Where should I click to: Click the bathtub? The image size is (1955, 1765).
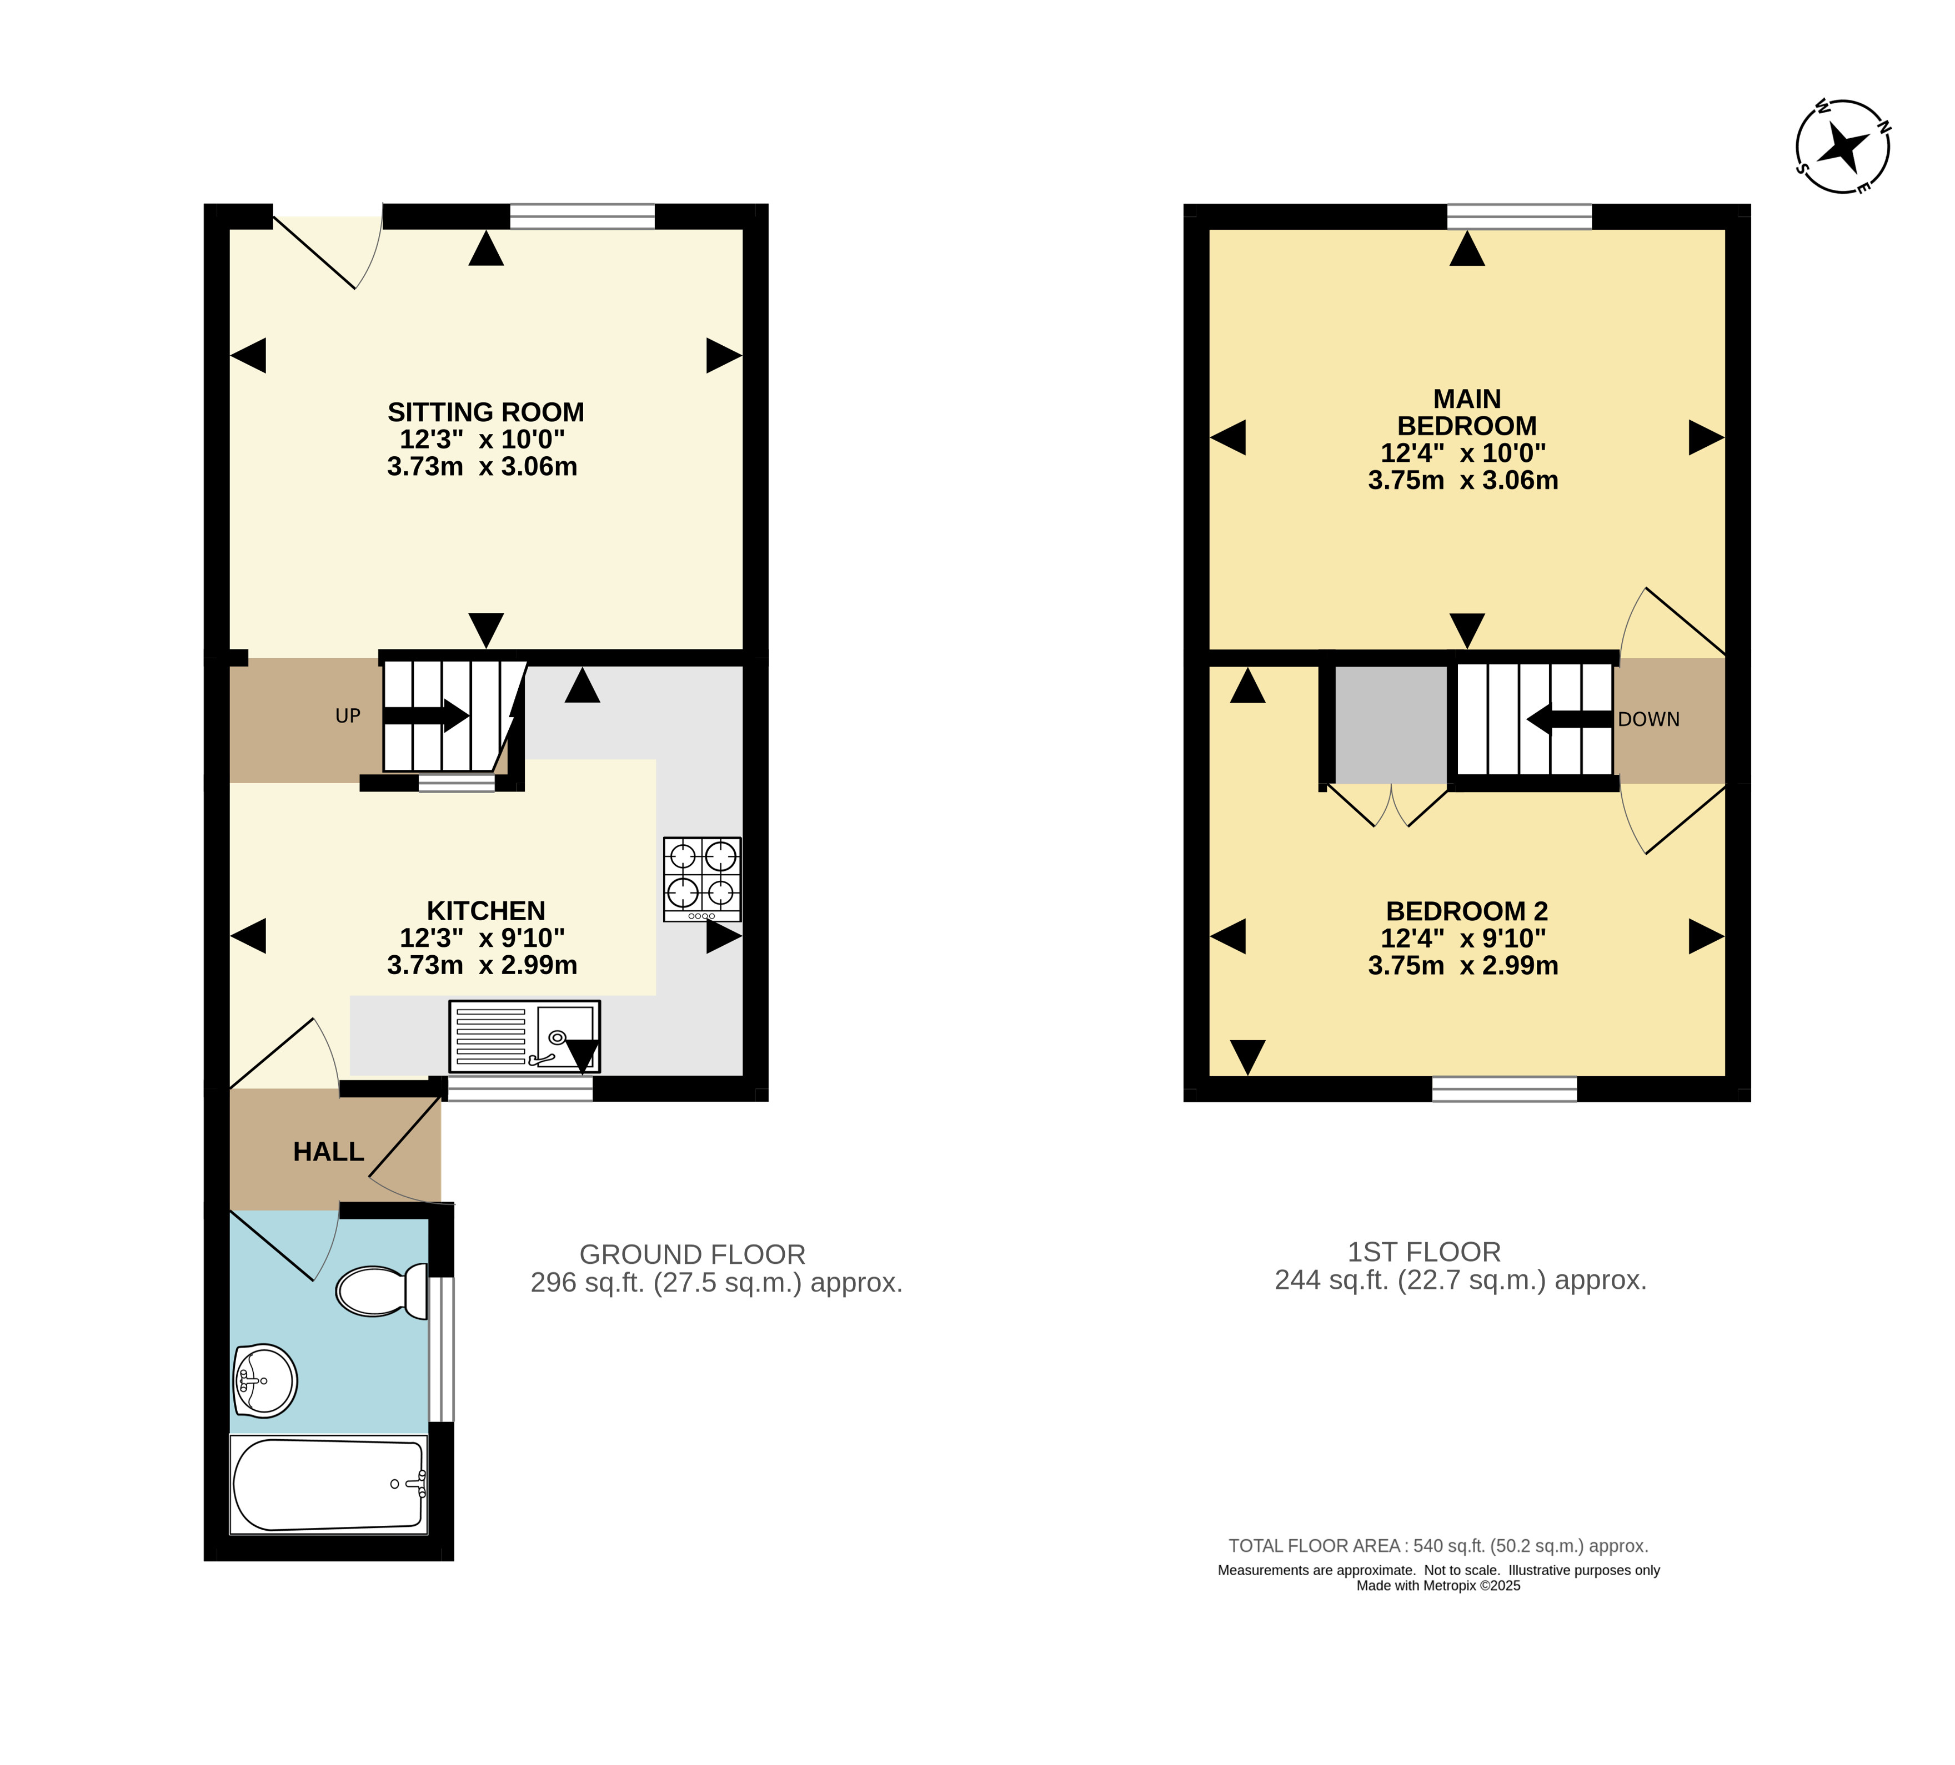point(329,1485)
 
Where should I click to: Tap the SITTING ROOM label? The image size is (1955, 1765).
point(486,412)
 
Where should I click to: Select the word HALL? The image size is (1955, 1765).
point(329,1152)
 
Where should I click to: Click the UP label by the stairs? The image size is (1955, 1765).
point(348,717)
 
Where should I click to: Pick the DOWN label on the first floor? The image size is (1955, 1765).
point(1648,719)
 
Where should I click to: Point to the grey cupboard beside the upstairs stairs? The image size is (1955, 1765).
point(1392,724)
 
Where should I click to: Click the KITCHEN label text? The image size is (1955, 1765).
point(486,911)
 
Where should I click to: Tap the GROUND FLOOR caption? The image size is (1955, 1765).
point(693,1254)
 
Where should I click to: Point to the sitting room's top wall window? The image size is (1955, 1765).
point(583,216)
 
